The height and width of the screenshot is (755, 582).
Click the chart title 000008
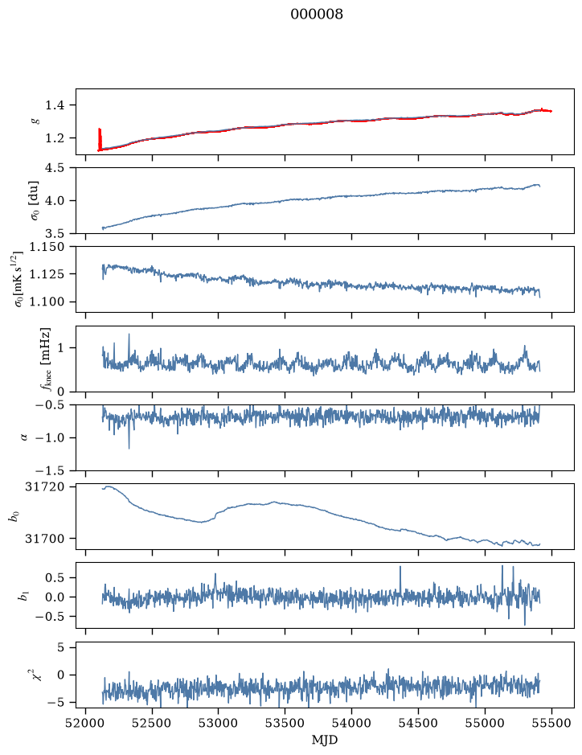(317, 14)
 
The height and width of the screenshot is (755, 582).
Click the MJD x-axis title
(325, 740)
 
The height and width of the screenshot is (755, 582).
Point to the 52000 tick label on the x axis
(86, 724)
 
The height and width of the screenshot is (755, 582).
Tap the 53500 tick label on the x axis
(285, 724)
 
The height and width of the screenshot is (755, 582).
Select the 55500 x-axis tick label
(551, 724)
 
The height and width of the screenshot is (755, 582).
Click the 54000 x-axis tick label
(351, 724)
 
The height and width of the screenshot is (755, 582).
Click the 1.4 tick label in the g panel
(55, 105)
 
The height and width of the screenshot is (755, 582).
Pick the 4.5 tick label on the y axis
(55, 168)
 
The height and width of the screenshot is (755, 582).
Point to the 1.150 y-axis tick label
(47, 247)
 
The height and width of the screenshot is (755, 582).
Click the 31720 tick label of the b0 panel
(44, 486)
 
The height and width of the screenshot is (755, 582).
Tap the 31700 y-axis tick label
(44, 539)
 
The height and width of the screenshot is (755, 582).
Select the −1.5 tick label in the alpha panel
(50, 470)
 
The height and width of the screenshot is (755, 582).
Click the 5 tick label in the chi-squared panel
(60, 647)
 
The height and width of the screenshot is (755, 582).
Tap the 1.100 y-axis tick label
(47, 302)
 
